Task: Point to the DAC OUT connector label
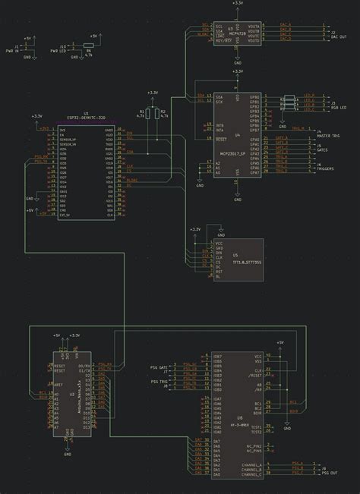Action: (338, 36)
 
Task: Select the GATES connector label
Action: (323, 149)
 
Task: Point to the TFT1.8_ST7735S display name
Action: (246, 262)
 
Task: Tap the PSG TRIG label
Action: (158, 382)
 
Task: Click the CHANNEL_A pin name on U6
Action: (251, 464)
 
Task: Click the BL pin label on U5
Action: (218, 278)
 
